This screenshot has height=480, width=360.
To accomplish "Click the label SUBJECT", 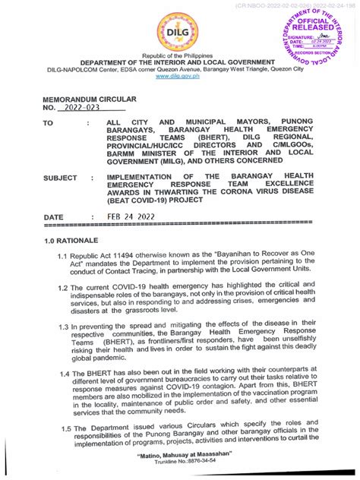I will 60,178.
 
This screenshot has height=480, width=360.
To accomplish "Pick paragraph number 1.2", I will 64,289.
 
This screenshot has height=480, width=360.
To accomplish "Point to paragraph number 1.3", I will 65,327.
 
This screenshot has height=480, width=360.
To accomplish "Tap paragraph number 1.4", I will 65,374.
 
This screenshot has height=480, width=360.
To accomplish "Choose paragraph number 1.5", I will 65,428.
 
